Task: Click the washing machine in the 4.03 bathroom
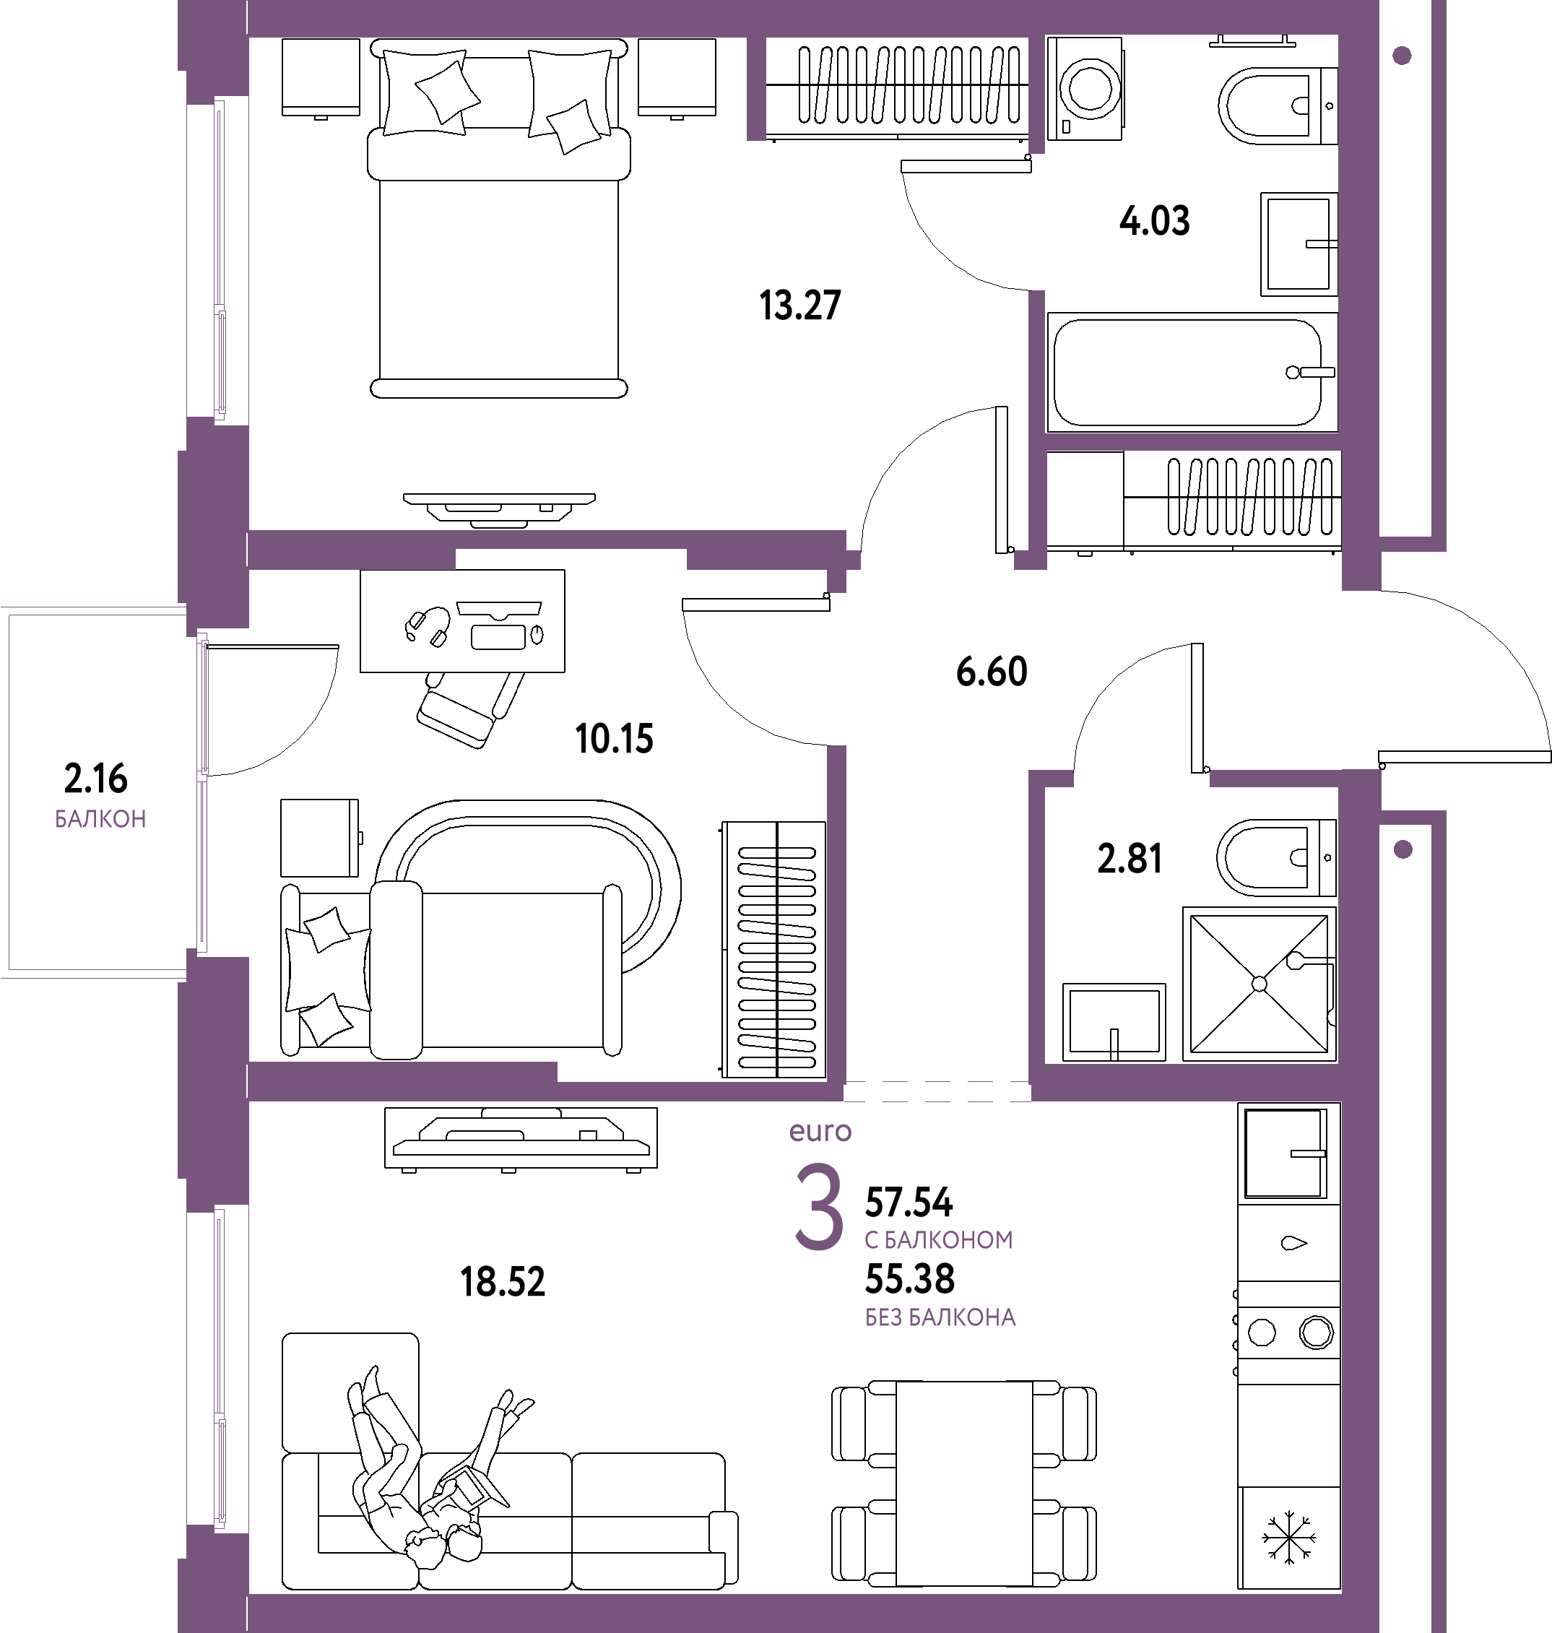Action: [1085, 87]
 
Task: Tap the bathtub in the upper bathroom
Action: [1192, 372]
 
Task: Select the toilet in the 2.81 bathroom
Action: [1275, 858]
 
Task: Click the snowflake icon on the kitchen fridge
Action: [1288, 1538]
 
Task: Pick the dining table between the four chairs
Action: [964, 1483]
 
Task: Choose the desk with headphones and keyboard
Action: [462, 620]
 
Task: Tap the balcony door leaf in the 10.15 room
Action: [272, 647]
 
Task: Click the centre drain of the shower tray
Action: [1259, 984]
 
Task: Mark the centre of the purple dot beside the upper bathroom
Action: [1402, 56]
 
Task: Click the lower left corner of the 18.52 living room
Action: [249, 1594]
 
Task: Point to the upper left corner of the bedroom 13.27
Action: [249, 38]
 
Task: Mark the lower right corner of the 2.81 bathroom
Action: [1338, 1062]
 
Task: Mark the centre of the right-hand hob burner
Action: [1315, 1333]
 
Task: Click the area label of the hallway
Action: [992, 671]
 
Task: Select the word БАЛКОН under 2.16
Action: [100, 819]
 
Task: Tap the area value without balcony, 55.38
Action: [910, 1279]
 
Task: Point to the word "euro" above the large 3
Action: [820, 1132]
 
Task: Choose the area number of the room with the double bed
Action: [800, 306]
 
